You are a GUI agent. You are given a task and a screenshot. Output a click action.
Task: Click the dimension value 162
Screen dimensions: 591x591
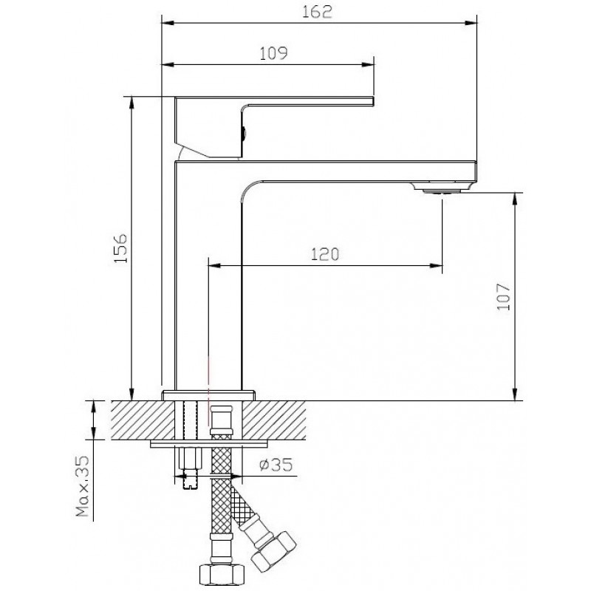tap(318, 12)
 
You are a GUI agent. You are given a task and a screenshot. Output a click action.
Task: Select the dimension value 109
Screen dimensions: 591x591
tap(273, 53)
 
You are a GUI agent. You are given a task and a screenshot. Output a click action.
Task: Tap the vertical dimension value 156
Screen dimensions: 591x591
tap(121, 249)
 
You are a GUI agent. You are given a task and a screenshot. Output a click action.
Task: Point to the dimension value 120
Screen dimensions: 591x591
tap(325, 254)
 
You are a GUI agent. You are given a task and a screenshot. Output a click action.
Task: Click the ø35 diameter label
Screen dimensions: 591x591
tap(276, 465)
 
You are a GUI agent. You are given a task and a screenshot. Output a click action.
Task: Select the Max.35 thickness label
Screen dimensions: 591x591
tap(83, 486)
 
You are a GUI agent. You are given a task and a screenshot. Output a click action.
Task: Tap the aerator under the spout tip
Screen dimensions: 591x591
tap(441, 188)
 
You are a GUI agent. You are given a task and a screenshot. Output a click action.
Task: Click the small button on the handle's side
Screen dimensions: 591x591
tap(244, 134)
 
